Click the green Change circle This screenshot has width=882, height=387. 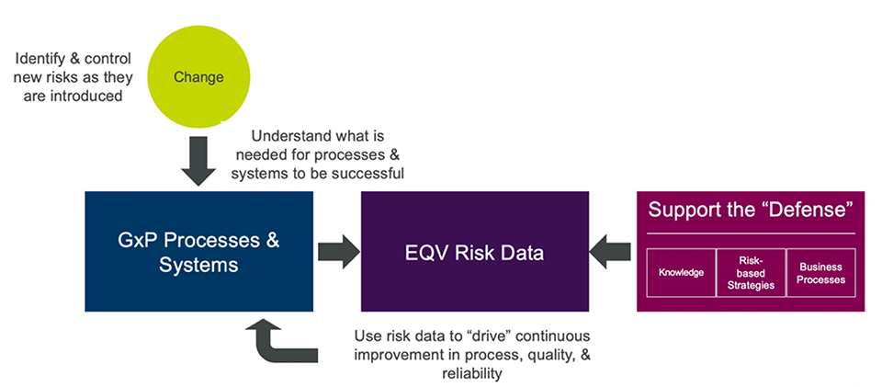point(198,77)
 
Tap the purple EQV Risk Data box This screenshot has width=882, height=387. point(474,251)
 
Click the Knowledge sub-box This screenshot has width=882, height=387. point(681,273)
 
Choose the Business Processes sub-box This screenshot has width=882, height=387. point(820,273)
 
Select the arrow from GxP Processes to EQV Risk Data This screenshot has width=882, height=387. point(337,251)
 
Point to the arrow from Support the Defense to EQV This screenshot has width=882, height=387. point(611,251)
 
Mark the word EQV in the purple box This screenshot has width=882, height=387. point(427,251)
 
